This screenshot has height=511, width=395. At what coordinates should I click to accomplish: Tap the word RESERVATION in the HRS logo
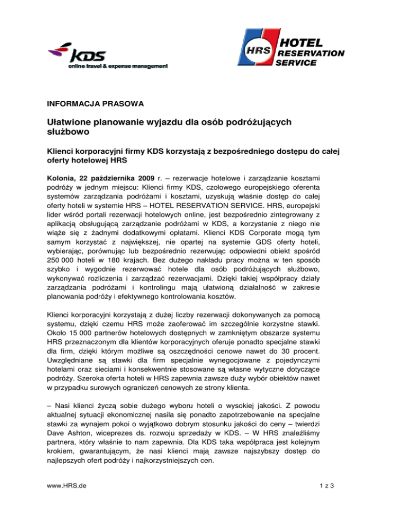click(311, 52)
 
